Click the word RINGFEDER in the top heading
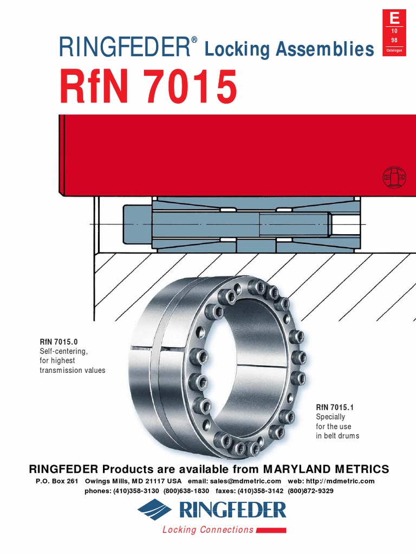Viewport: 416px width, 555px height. [x=124, y=48]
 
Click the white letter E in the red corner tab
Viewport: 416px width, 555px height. [x=395, y=18]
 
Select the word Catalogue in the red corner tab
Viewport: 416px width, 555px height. [x=395, y=50]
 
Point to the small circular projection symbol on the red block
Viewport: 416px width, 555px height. [x=394, y=177]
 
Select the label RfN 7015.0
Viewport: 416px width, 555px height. [x=58, y=342]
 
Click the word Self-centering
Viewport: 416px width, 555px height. [x=63, y=351]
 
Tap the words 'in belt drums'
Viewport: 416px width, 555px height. [x=337, y=436]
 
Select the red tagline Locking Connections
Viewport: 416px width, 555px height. [x=208, y=530]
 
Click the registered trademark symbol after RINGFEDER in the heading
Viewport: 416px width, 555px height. [x=193, y=41]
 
